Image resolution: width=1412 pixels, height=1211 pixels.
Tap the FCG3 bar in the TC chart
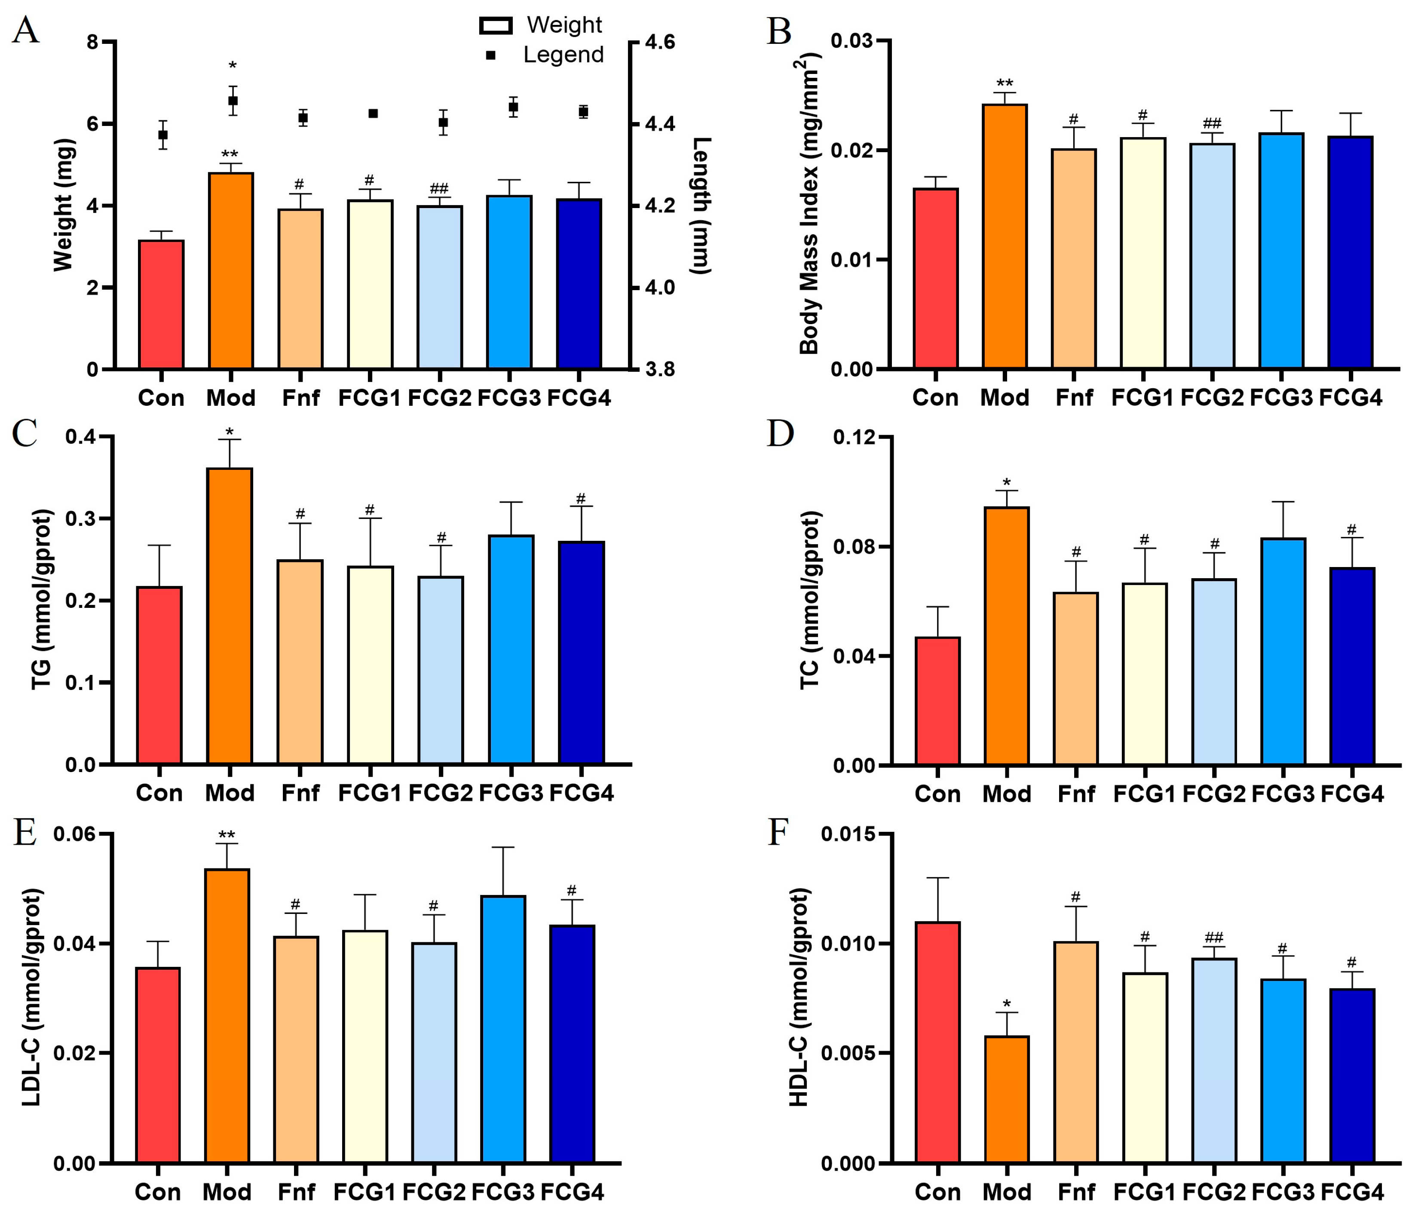[x=1283, y=652]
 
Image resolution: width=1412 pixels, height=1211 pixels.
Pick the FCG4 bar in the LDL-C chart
[x=573, y=1044]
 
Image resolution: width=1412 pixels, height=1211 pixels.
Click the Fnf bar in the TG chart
[x=300, y=662]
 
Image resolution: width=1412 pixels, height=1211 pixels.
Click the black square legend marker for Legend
[x=491, y=55]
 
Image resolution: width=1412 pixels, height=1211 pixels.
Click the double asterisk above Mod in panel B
[x=1005, y=85]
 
